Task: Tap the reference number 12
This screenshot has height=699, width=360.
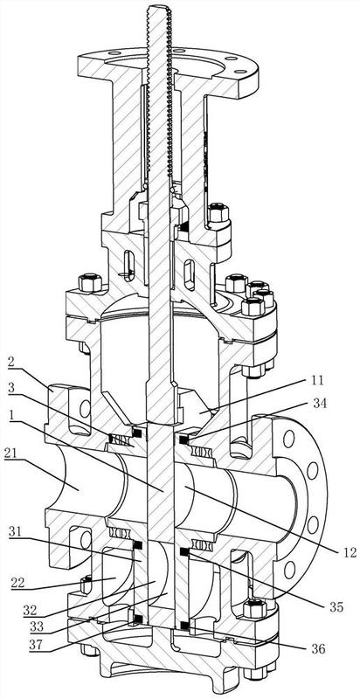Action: coord(350,553)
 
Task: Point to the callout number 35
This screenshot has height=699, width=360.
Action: coord(336,606)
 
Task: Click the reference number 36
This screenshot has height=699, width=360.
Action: coord(317,648)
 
